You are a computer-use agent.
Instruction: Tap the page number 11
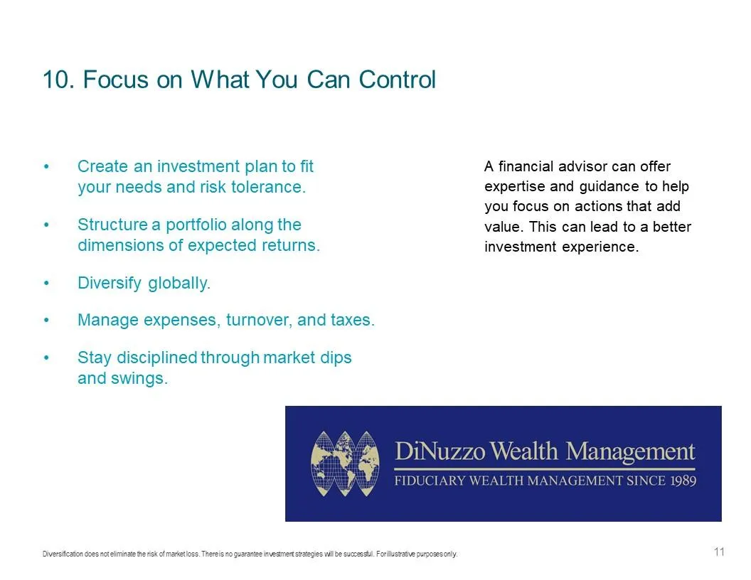pos(719,552)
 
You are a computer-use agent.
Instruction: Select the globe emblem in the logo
pos(345,463)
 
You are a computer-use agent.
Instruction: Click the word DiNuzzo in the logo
pos(440,451)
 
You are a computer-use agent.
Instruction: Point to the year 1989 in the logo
pos(683,480)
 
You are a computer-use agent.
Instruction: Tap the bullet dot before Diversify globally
pos(46,284)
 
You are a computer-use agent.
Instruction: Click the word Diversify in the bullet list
pos(110,284)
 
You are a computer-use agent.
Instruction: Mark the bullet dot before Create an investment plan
pos(46,167)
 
